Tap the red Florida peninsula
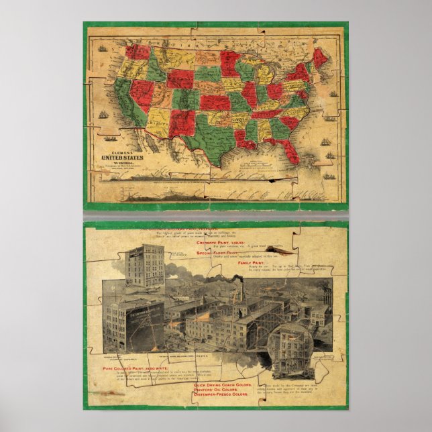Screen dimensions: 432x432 (290, 152)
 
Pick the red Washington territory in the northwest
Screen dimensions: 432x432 (137, 52)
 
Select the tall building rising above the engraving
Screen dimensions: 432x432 (144, 264)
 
